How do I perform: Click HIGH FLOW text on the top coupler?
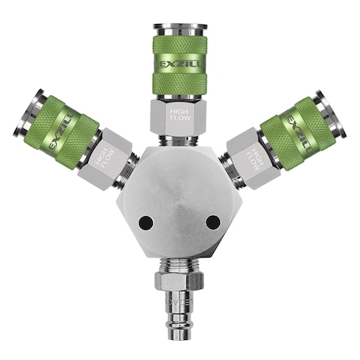[x=179, y=117]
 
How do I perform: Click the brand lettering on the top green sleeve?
[x=179, y=61]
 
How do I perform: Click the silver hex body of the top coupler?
[x=179, y=116]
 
